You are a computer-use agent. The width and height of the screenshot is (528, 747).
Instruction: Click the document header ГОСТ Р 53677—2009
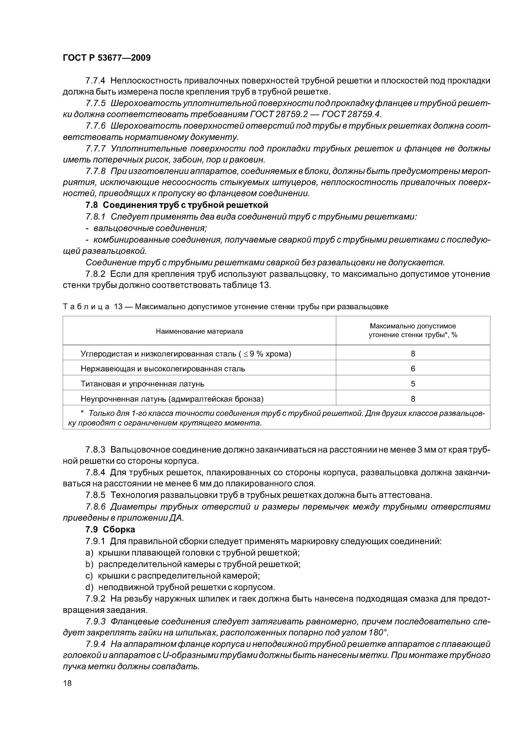click(106, 58)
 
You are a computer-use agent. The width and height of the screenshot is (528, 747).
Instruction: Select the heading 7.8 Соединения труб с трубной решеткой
click(177, 205)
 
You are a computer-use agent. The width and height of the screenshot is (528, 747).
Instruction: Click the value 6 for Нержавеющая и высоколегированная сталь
click(413, 369)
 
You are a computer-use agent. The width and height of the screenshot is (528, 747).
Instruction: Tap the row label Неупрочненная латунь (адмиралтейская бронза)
click(172, 399)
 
